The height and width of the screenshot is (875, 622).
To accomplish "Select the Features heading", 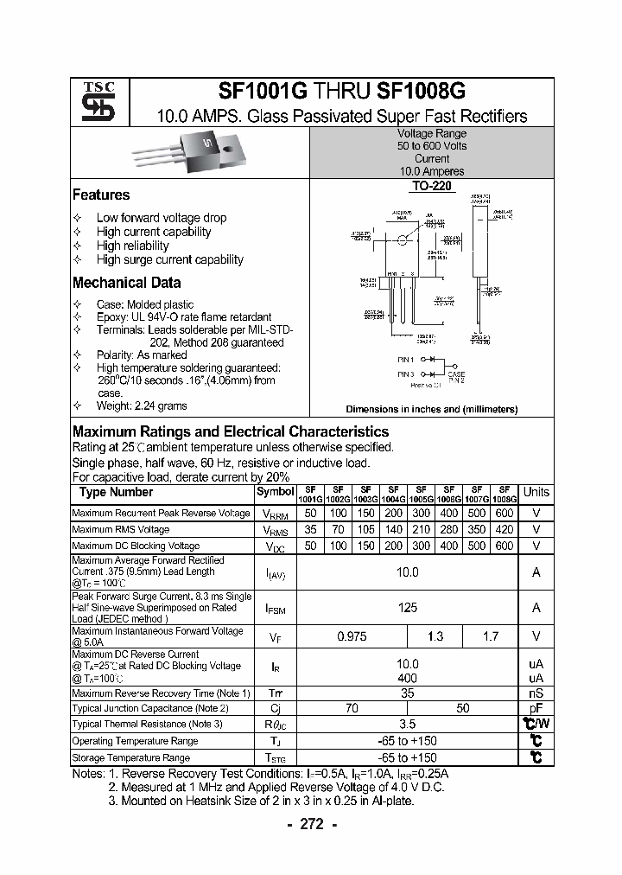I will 101,195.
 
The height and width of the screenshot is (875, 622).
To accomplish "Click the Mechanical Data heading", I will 126,283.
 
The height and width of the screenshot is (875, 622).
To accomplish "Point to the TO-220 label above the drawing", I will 431,186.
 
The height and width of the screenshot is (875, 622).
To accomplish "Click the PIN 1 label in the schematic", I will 406,359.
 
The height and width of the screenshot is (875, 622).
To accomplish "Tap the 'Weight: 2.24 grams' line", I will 142,406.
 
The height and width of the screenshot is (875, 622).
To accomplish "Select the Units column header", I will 536,492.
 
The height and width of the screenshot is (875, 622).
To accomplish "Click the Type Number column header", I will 116,492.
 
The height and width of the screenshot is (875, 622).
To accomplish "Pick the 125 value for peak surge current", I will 407,608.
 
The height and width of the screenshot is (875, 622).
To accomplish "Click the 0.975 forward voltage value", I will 352,636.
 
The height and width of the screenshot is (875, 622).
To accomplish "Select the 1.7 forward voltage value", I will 490,636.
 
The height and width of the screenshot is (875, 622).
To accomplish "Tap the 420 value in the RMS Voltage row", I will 505,530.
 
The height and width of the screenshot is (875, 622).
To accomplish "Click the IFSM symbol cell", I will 275,609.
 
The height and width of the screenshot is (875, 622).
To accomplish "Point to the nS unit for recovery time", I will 536,693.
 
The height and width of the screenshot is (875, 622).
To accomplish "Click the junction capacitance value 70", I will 352,708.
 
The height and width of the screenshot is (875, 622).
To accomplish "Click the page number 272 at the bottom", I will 310,824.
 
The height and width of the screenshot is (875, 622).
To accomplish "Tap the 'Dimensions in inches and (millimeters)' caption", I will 431,409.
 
